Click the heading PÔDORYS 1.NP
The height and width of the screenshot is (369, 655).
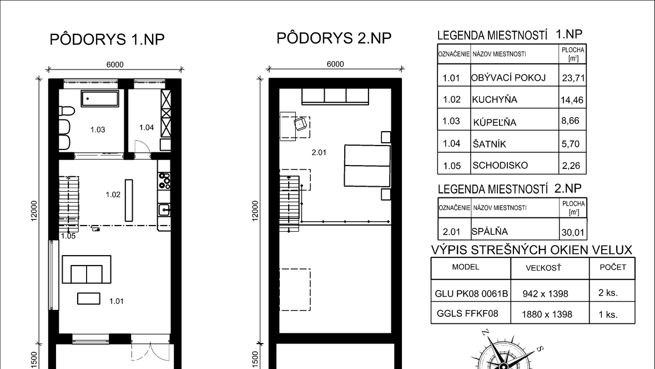coord(107,39)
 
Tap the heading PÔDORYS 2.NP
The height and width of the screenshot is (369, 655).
coord(334,38)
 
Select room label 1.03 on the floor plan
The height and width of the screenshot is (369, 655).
coord(98,129)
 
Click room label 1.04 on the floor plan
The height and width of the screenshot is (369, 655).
coord(147,127)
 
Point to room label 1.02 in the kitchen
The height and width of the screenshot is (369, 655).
coord(113,195)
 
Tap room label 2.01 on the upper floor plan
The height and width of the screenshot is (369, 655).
coord(319,153)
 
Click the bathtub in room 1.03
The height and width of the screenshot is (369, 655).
coord(100,99)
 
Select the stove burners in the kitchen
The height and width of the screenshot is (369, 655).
coord(164,181)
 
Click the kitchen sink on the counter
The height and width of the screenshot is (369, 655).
coord(164,210)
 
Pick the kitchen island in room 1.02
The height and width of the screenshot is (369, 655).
coord(129,201)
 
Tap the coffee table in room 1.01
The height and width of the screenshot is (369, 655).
coord(89,298)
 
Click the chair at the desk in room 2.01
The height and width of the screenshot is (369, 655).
coord(301,124)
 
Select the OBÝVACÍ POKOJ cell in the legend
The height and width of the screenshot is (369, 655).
coord(508,78)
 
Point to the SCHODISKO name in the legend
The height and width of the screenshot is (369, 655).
coord(500,165)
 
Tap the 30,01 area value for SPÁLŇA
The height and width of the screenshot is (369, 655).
coord(573,232)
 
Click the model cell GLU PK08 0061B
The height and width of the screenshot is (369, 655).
coord(471,293)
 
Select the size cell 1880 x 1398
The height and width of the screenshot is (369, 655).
coord(547,314)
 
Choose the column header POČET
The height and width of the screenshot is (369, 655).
coord(613,267)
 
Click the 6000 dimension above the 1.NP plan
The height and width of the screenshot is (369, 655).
coord(115,64)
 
